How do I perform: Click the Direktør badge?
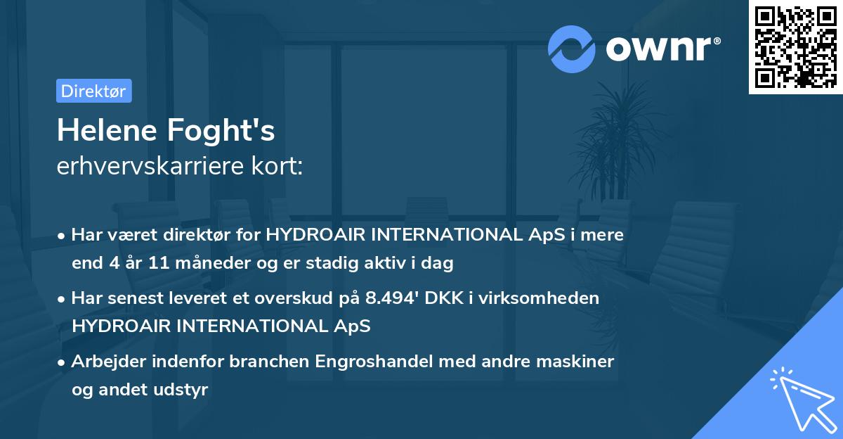click(94, 91)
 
